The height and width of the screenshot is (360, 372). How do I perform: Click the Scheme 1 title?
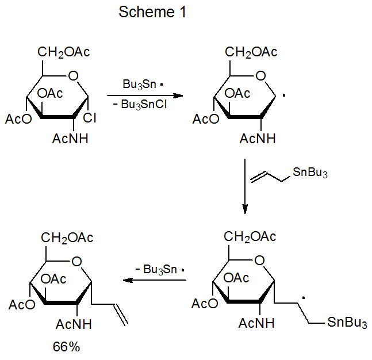click(x=152, y=13)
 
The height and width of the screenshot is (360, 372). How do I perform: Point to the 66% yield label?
click(x=66, y=347)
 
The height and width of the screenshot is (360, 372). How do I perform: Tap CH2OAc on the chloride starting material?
click(x=64, y=53)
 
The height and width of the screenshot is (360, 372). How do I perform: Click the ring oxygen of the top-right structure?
click(x=260, y=75)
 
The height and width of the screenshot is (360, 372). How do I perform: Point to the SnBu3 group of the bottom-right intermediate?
click(x=347, y=323)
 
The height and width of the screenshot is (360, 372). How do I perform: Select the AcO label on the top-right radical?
click(x=206, y=119)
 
